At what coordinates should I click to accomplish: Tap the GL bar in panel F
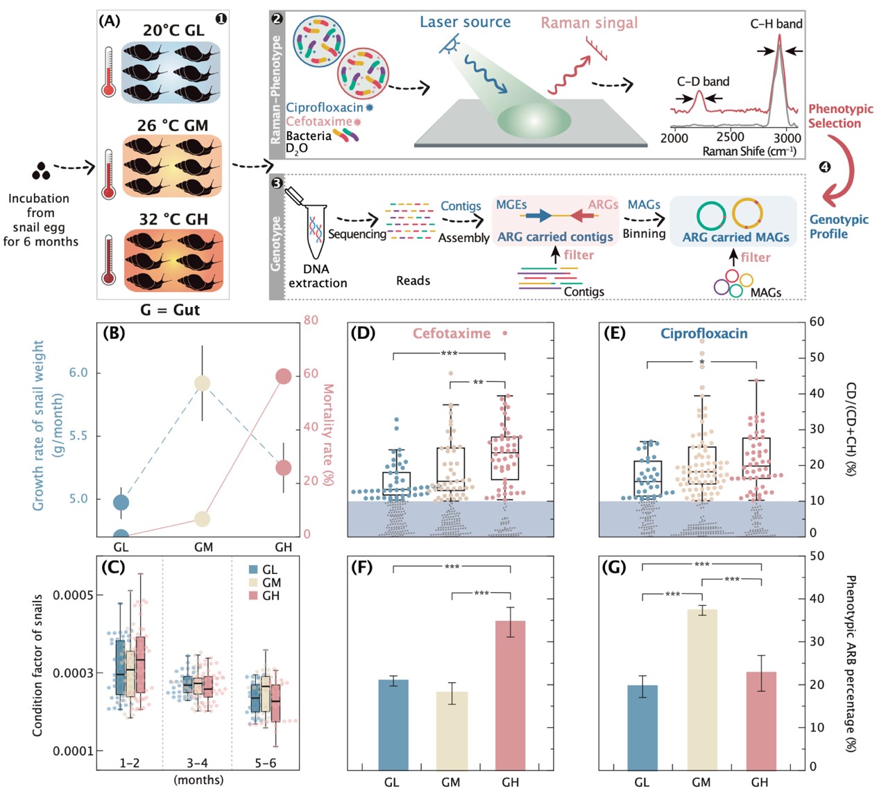[393, 724]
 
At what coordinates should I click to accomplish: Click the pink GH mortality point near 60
[283, 376]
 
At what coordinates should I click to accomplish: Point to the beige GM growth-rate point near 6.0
[202, 383]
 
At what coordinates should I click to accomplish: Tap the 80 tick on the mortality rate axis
[311, 320]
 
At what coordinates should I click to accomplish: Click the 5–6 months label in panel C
[265, 763]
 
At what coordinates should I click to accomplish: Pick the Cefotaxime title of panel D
[452, 333]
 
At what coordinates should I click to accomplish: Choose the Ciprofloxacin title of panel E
[703, 333]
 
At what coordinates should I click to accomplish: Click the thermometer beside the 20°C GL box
[108, 71]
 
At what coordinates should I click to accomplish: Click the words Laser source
[465, 22]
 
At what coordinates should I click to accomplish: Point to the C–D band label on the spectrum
[703, 82]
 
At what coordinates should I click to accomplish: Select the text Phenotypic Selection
[840, 116]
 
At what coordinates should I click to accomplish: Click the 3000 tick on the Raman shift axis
[787, 138]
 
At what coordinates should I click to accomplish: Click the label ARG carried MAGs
[735, 237]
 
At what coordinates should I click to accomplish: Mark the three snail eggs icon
[41, 170]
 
